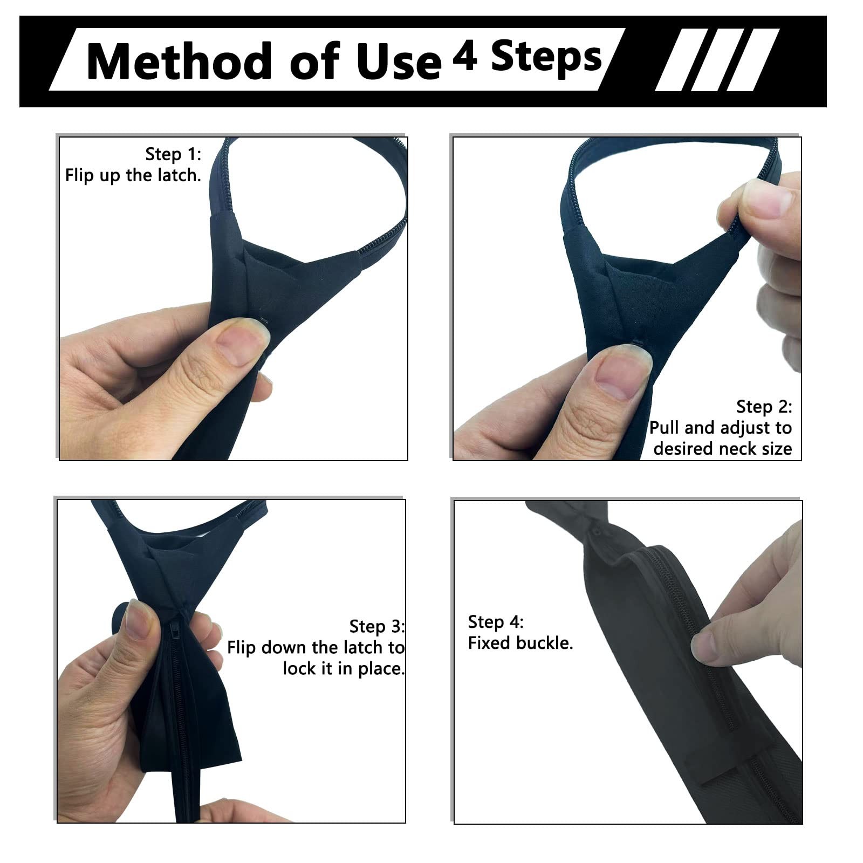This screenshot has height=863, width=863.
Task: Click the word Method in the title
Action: (179, 61)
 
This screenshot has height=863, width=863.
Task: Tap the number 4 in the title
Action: (465, 56)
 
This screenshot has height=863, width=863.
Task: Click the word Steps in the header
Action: (546, 57)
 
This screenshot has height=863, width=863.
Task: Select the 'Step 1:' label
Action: (173, 154)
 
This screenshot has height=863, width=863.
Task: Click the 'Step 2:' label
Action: (764, 407)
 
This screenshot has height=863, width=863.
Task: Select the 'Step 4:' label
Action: (496, 622)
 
